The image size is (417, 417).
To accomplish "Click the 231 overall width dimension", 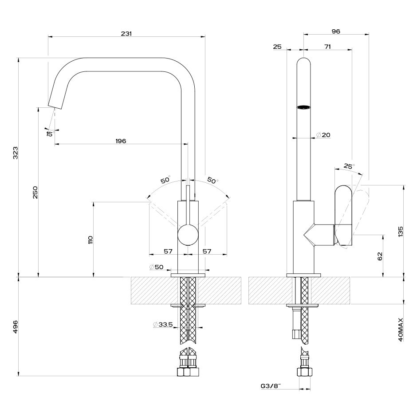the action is click(126, 34).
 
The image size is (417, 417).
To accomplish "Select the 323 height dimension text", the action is click(16, 153).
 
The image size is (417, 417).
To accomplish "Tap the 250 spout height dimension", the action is click(35, 192).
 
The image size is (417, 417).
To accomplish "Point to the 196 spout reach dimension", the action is click(121, 141).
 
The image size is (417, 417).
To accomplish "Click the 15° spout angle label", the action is click(50, 134).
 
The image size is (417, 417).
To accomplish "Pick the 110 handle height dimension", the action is click(90, 240).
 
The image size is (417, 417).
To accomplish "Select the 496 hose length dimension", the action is click(16, 327).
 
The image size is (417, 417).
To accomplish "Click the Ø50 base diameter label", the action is click(156, 267).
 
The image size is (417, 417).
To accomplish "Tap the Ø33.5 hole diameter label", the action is click(163, 324).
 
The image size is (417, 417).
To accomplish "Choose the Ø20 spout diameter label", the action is click(323, 135).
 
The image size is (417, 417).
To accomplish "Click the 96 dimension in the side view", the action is click(336, 31).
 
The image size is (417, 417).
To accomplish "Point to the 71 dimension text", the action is click(328, 47).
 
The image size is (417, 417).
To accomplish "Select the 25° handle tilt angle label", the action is click(349, 166).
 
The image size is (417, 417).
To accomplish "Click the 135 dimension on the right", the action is click(401, 232).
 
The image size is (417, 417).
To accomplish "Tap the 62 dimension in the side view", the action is click(380, 256).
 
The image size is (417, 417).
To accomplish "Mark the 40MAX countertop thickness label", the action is click(401, 330).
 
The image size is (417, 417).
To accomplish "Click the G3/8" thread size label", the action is click(271, 386).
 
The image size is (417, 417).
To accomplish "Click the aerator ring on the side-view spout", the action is click(303, 107).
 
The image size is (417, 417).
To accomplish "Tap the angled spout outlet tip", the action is click(55, 106).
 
